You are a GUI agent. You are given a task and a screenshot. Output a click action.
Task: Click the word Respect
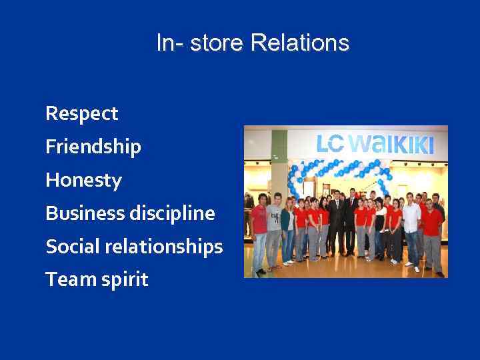click(x=81, y=114)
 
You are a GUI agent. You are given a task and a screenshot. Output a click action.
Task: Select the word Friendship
click(x=93, y=147)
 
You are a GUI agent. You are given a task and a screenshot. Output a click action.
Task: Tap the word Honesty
click(x=83, y=181)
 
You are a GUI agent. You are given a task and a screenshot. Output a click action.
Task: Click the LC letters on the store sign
click(x=331, y=144)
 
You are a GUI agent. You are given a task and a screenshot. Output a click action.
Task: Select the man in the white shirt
click(x=411, y=227)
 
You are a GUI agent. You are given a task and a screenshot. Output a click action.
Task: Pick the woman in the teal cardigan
click(x=287, y=227)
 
